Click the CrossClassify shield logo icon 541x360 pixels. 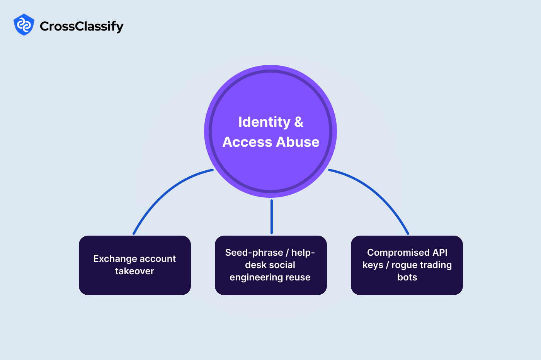(x=24, y=25)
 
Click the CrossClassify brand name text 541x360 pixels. (x=82, y=26)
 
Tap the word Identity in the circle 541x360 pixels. (x=264, y=122)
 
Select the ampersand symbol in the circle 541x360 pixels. (x=299, y=122)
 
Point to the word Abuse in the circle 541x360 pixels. (x=297, y=142)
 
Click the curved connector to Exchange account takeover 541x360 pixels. (x=162, y=193)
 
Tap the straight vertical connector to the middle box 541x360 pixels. (x=272, y=216)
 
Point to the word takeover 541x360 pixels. (x=134, y=271)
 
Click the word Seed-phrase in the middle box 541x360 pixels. (x=254, y=253)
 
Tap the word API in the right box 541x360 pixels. (x=440, y=253)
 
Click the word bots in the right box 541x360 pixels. (x=407, y=277)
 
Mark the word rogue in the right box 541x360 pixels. (x=403, y=265)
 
